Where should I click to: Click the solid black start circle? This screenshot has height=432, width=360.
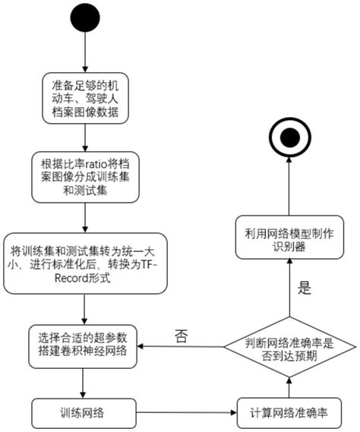pyautogui.click(x=84, y=19)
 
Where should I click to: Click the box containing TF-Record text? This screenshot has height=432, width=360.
pyautogui.click(x=84, y=263)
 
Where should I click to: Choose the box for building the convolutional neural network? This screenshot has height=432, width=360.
pyautogui.click(x=84, y=343)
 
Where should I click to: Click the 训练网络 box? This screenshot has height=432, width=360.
pyautogui.click(x=84, y=414)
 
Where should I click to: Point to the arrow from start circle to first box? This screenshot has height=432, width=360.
pyautogui.click(x=84, y=53)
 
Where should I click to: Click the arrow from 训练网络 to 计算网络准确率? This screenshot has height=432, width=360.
pyautogui.click(x=186, y=414)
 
